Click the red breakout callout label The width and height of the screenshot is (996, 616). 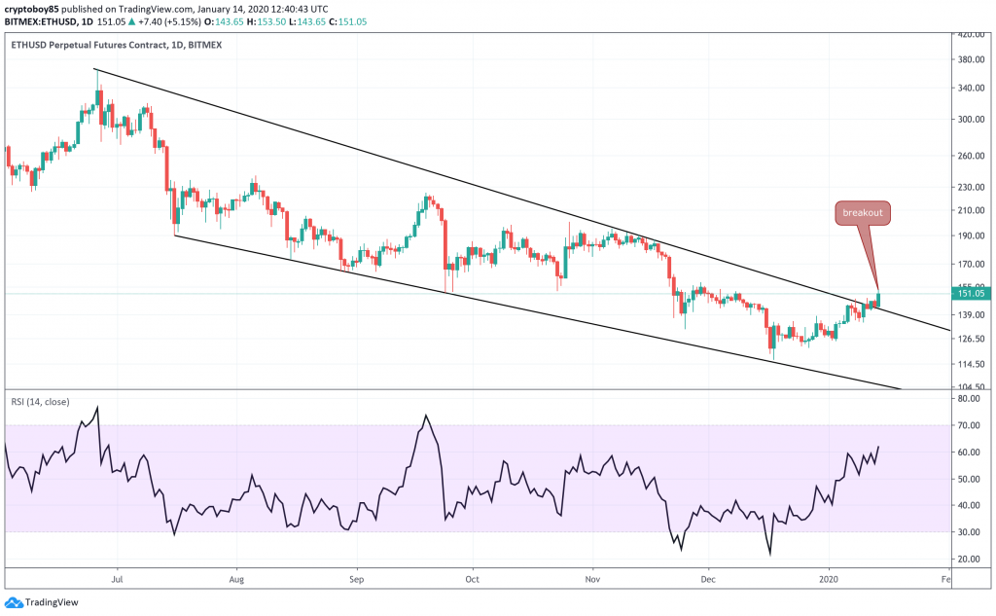(x=862, y=213)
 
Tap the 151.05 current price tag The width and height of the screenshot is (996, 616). (x=973, y=293)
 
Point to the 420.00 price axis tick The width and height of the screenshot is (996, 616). (x=973, y=34)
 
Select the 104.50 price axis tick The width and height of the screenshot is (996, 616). (x=973, y=386)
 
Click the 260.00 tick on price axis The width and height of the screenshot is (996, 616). (x=973, y=156)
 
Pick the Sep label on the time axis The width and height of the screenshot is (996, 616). (x=357, y=578)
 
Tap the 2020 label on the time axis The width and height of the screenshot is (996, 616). (x=830, y=578)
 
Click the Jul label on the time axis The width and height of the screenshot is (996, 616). (x=118, y=578)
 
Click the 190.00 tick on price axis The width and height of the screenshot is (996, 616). (x=973, y=236)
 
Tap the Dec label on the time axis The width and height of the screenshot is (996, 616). (x=708, y=578)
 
